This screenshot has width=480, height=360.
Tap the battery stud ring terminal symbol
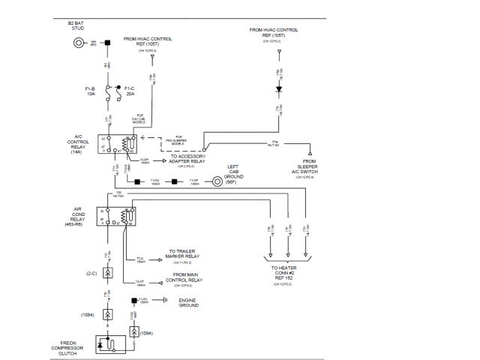click(x=78, y=42)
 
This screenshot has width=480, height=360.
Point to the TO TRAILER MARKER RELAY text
click(x=181, y=255)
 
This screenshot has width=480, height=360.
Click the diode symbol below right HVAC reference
click(x=278, y=88)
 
